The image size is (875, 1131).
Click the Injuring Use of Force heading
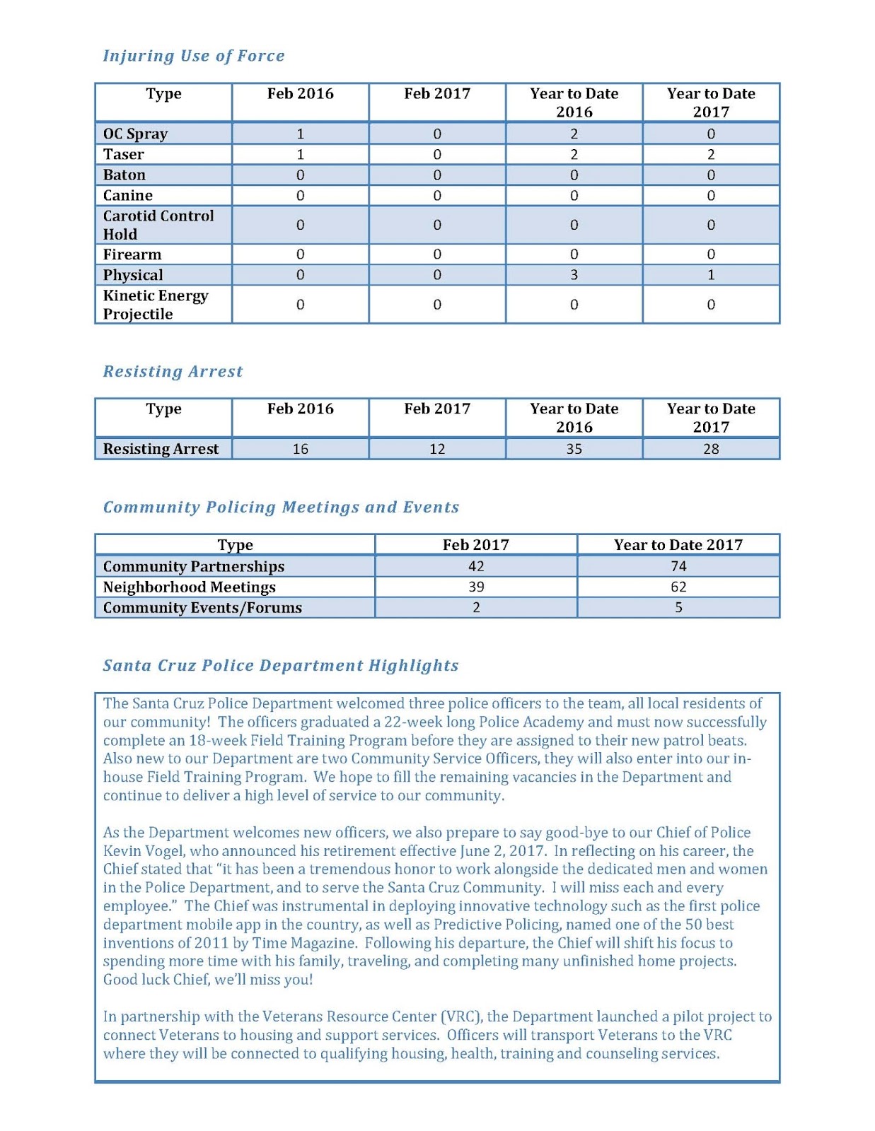tap(194, 56)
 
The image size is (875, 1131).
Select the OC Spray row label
tap(135, 134)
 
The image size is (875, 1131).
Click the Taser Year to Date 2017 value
tap(710, 154)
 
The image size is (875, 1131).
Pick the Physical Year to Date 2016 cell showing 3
tap(574, 275)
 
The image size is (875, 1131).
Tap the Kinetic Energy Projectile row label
tap(156, 305)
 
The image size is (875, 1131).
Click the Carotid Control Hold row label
tap(158, 225)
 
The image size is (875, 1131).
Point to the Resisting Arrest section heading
tap(173, 371)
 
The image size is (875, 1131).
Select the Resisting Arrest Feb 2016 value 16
tap(300, 449)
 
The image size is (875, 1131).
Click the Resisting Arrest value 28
tap(710, 449)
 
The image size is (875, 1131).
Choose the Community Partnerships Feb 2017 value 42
tap(476, 566)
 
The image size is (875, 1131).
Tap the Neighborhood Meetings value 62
tap(678, 587)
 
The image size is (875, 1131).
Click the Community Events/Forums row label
tap(202, 607)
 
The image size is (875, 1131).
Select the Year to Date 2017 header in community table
tap(678, 544)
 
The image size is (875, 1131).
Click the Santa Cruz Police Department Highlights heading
tap(281, 665)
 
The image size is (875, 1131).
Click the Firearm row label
tap(132, 254)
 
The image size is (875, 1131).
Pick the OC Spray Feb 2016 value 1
tap(300, 134)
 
